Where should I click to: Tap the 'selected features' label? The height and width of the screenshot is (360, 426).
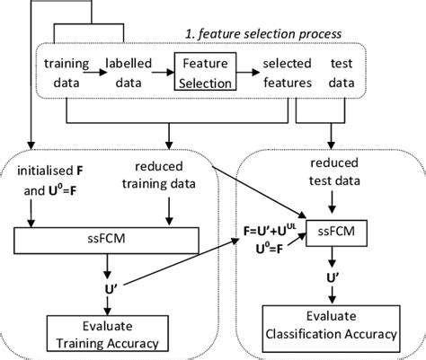click(x=287, y=73)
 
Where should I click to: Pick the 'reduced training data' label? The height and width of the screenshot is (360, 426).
click(x=173, y=176)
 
